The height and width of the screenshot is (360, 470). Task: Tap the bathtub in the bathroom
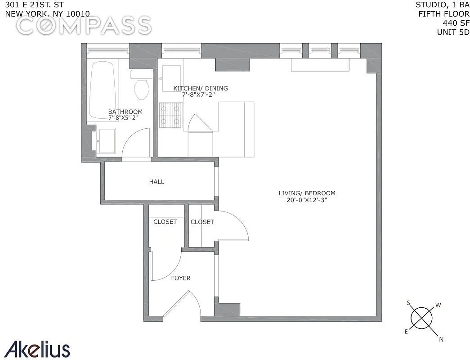[102, 90]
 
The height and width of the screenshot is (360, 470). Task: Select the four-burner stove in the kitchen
[171, 115]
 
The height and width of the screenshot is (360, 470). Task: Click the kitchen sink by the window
[172, 78]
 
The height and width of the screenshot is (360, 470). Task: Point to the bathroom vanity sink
[106, 141]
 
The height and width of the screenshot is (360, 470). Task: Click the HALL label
[157, 182]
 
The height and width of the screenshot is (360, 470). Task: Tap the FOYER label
[181, 279]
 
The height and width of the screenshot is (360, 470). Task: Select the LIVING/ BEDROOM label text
[307, 193]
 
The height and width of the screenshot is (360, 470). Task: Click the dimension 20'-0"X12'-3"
[306, 200]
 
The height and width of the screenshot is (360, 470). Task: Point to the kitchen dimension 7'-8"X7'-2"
[199, 95]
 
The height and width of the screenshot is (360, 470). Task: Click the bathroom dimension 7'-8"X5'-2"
[123, 118]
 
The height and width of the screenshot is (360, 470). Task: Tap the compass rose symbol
[421, 318]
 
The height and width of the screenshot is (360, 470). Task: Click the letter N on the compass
[441, 339]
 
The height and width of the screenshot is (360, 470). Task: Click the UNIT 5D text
[453, 32]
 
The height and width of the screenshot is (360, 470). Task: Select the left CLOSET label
[165, 222]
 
